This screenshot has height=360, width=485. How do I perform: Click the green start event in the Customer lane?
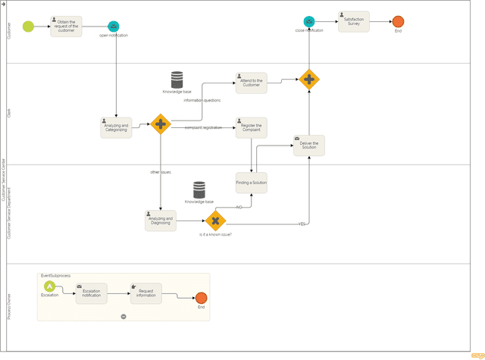pos(28,27)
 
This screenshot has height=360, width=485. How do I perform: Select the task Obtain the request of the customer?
pos(66,27)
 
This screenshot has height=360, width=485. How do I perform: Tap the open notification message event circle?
pos(113,27)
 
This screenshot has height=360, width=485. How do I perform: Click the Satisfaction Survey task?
pos(353,21)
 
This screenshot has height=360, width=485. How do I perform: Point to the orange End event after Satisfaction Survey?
pos(398,22)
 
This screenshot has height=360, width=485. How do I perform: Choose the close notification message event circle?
pos(309,21)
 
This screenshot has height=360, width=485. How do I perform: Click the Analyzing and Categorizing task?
pos(116,127)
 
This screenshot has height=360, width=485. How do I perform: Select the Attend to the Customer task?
pos(251,83)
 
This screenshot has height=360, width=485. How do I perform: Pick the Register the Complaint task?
pos(251,127)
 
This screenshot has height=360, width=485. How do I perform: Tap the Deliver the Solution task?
pos(309,145)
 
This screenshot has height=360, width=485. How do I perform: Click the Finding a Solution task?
pos(251,183)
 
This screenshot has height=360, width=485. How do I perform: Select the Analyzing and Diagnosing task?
pos(161,221)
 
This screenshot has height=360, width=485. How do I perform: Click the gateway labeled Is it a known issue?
pos(216,221)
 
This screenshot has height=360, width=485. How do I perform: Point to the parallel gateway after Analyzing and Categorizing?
pos(160,124)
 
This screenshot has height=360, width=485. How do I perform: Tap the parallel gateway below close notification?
pos(309,79)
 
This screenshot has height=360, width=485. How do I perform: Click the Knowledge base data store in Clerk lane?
pos(177,79)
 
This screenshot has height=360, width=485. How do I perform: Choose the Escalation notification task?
pos(91,293)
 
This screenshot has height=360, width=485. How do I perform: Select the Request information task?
pos(146,293)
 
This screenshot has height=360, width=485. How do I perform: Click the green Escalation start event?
pos(49,286)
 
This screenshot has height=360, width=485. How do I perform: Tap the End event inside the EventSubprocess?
pos(201,298)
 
